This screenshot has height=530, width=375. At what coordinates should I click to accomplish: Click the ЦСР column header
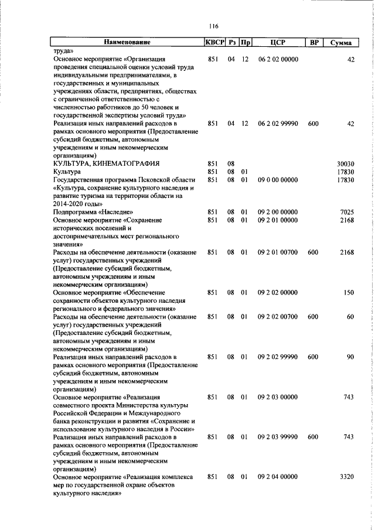point(278,42)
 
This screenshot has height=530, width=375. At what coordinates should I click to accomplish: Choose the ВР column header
point(314,42)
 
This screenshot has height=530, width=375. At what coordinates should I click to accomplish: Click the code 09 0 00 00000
point(278,180)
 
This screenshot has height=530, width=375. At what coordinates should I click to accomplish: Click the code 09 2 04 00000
point(278,477)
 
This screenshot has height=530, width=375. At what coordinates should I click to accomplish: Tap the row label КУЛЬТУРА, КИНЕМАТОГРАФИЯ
point(106,163)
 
